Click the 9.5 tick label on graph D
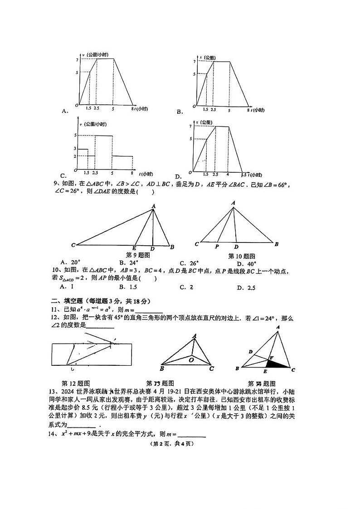point(244,175)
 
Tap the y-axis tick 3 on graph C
point(75,149)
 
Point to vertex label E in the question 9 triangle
point(134,248)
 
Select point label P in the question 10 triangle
point(217,247)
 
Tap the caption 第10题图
point(242,256)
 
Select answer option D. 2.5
point(246,287)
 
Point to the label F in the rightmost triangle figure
point(271,358)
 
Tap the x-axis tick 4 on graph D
point(228,174)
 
